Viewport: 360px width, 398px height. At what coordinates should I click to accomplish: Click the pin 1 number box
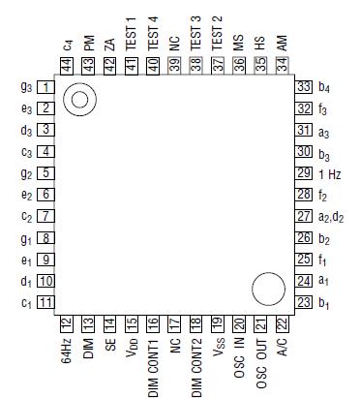[x=46, y=87]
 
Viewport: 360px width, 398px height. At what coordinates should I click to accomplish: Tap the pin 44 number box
[x=67, y=66]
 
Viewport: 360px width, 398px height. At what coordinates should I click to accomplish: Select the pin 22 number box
[x=282, y=323]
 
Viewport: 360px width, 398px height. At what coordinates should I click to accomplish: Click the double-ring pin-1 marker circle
[x=79, y=99]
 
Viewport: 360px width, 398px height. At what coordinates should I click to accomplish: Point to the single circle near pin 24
[x=268, y=289]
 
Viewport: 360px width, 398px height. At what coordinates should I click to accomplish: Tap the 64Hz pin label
[x=67, y=350]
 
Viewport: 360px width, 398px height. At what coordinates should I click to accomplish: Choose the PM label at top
[x=88, y=44]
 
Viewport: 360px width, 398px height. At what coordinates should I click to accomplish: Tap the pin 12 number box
[x=67, y=323]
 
